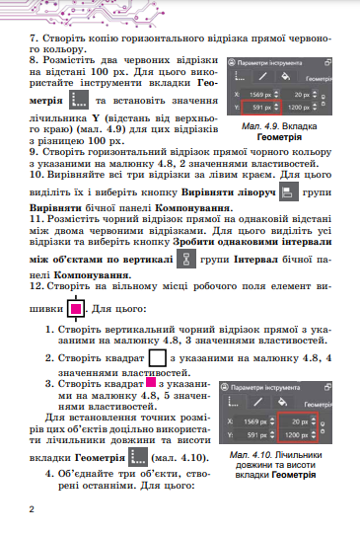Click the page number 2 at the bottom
(32, 509)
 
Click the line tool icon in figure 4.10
(262, 401)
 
